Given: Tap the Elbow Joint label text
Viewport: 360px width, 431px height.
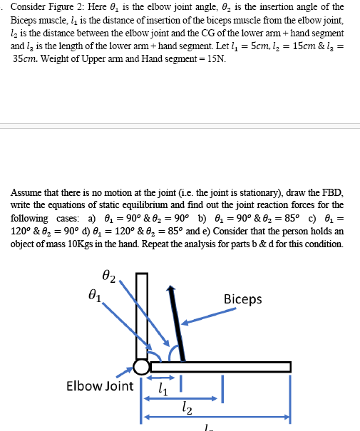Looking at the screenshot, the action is click(99, 386).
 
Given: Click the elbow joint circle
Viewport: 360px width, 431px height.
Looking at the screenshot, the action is click(141, 367).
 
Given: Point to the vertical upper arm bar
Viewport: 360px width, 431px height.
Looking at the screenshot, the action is click(141, 313).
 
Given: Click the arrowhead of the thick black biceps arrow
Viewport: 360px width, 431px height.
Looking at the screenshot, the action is click(170, 290).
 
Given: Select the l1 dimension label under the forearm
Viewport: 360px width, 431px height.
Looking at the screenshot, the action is click(163, 390).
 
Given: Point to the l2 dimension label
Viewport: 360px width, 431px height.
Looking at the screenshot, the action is click(184, 408).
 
